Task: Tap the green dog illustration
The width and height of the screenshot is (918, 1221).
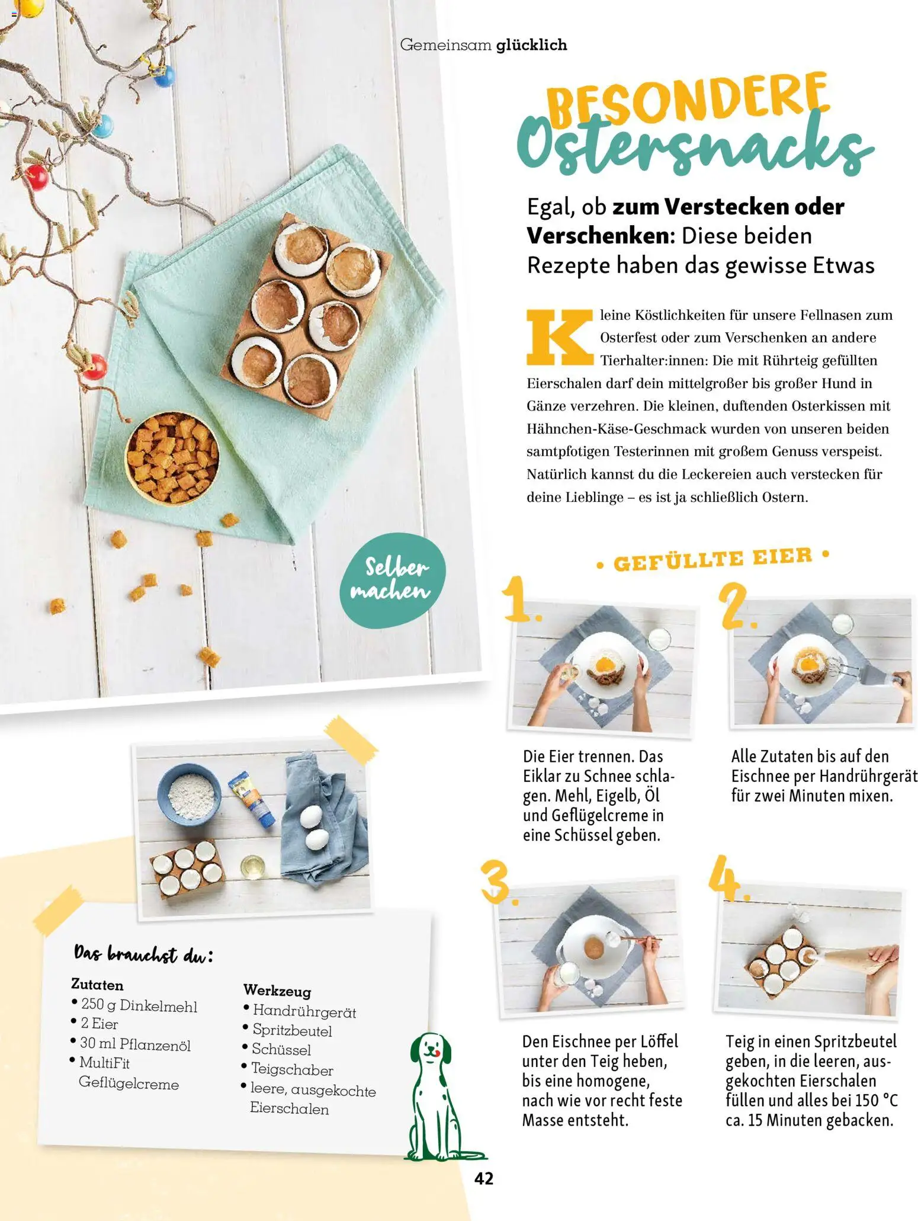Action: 432,1096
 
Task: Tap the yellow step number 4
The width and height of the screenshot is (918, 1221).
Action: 726,877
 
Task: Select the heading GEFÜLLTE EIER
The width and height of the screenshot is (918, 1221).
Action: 712,559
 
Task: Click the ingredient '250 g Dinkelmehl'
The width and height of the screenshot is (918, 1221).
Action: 139,1005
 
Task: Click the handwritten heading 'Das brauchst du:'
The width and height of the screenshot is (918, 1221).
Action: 143,954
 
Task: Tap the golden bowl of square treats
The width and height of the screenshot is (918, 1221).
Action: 172,457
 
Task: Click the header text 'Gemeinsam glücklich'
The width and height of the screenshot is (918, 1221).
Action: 483,45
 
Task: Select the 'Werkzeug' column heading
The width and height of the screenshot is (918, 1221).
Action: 277,990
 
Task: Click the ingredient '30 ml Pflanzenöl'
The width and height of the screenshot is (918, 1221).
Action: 135,1044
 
